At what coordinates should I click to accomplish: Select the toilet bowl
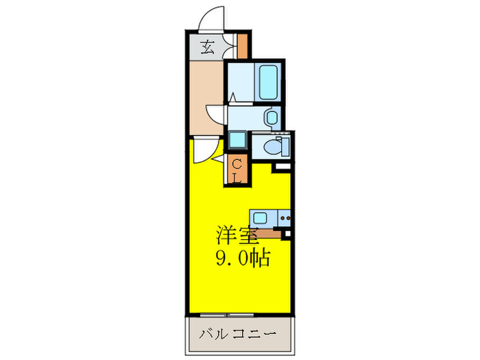click(276, 146)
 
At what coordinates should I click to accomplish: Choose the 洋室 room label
click(237, 237)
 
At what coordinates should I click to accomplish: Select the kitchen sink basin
click(264, 218)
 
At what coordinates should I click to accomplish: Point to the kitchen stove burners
click(284, 219)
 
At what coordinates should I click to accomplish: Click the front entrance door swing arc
click(211, 19)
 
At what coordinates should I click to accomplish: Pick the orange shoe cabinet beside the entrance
click(241, 46)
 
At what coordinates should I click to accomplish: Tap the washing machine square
click(238, 141)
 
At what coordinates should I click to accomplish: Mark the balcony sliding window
click(226, 315)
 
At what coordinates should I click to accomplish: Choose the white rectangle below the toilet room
click(282, 167)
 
